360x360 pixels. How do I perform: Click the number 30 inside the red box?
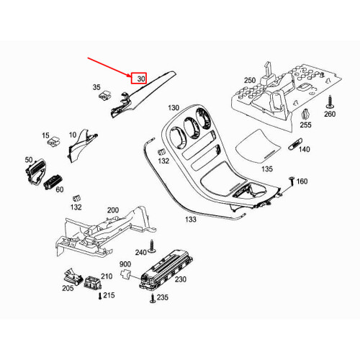point(140,78)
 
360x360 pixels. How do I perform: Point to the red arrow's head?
point(129,74)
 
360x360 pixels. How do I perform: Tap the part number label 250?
point(250,81)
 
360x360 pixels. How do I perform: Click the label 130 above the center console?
point(174,108)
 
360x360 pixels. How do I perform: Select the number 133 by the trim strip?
point(190,219)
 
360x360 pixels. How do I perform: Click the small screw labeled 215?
point(99,295)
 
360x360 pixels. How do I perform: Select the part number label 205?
point(68,288)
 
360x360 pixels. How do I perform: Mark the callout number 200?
point(112,210)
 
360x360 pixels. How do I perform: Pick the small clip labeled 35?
point(105,92)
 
